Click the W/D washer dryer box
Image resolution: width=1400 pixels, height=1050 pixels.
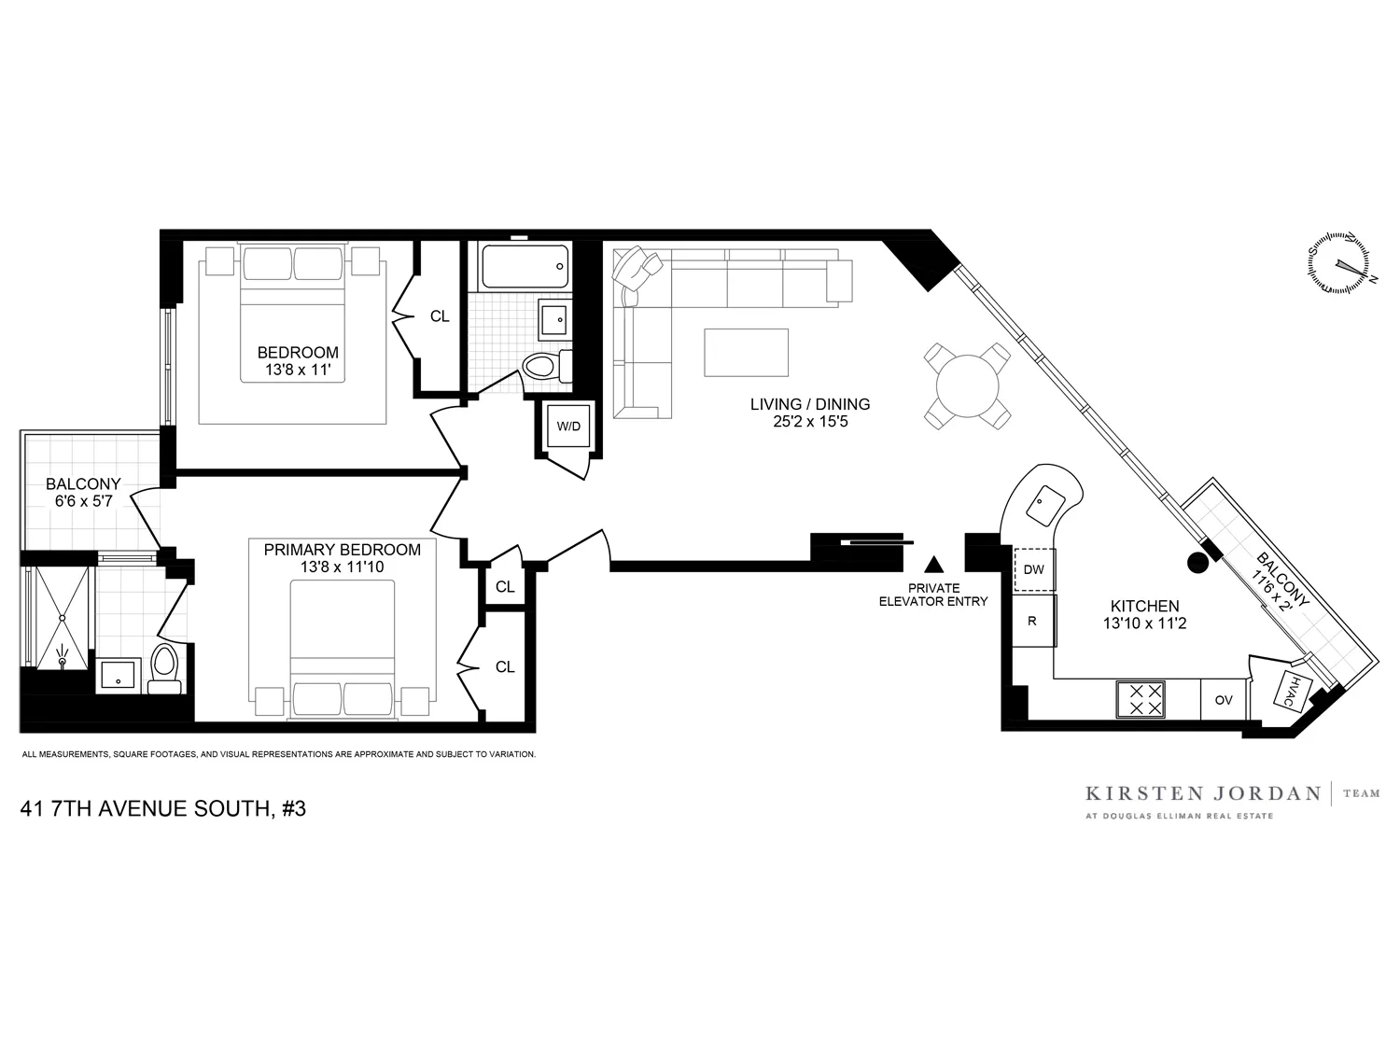(568, 427)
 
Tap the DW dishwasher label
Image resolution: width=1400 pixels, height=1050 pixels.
(1033, 569)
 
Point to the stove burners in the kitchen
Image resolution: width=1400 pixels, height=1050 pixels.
(1140, 699)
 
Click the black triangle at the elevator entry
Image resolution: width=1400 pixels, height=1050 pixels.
(933, 565)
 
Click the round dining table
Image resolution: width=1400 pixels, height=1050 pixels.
(968, 385)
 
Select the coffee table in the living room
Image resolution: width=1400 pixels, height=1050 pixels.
(746, 353)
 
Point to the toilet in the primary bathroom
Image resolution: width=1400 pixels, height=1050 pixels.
(165, 668)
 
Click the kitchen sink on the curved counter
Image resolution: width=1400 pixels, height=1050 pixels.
(1043, 505)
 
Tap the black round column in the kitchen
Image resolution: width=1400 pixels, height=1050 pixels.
(1196, 562)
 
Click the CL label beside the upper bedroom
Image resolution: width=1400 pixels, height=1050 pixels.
(440, 316)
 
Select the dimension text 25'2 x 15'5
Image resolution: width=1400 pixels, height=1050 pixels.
(809, 422)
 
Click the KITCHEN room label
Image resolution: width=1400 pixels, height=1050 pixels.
(1144, 607)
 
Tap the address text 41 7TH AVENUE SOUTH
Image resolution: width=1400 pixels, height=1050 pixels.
(162, 809)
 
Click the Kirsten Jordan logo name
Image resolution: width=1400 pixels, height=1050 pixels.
(1202, 794)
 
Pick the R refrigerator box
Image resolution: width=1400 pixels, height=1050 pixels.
(1032, 621)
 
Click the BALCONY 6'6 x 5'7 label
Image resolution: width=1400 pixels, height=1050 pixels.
(83, 493)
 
